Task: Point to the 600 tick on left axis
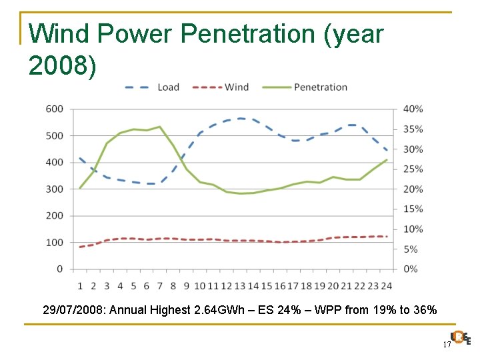55,109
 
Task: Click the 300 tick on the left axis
55,189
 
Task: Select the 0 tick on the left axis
59,269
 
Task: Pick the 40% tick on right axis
413,109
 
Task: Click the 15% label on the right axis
413,209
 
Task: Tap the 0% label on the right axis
411,269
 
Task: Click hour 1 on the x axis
80,286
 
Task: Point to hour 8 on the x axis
173,286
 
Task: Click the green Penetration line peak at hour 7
160,127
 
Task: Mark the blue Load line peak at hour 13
240,119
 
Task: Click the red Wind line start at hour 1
80,247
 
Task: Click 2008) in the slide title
63,65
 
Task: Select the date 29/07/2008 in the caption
73,310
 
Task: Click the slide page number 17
446,344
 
